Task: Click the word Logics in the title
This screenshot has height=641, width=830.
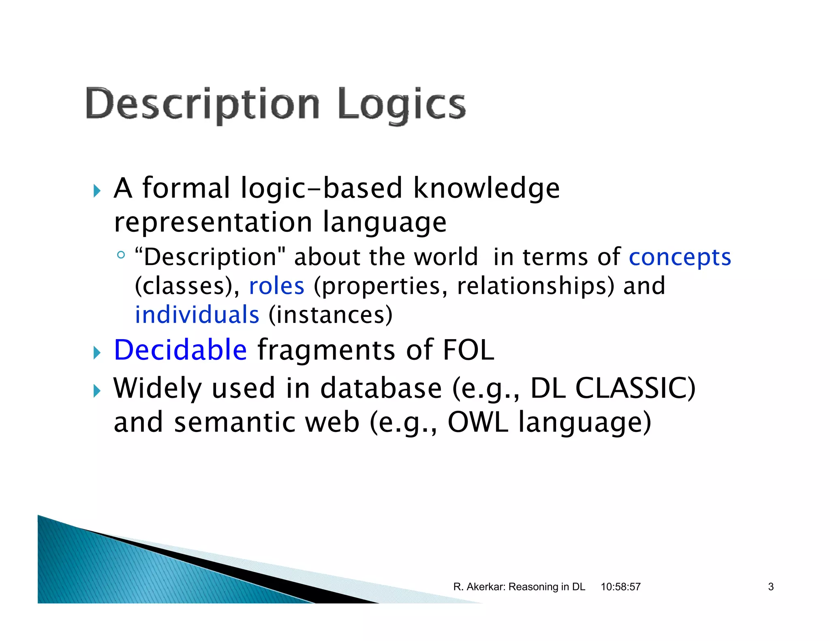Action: tap(401, 104)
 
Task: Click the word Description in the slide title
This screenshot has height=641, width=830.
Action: tap(203, 104)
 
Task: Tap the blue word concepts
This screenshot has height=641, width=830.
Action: tap(680, 257)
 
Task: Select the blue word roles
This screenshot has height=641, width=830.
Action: tap(276, 286)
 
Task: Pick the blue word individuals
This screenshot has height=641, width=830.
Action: tap(197, 315)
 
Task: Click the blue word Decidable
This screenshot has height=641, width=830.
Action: tap(180, 350)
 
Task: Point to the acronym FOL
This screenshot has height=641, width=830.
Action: tap(468, 350)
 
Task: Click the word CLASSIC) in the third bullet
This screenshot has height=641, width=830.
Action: tap(635, 388)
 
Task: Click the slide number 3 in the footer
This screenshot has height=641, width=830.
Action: tap(770, 587)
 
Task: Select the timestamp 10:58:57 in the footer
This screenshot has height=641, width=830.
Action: tap(620, 587)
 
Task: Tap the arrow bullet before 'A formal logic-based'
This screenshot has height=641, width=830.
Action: tap(96, 190)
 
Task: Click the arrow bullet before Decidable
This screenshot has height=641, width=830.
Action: tap(96, 352)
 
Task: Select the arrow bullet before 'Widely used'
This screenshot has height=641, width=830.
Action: tap(96, 391)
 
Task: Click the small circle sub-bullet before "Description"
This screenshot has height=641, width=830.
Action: tap(120, 255)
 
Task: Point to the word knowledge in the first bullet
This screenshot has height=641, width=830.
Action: tap(486, 188)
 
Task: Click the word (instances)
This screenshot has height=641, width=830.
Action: tap(330, 315)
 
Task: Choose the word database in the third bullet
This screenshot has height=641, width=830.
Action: tap(381, 388)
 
